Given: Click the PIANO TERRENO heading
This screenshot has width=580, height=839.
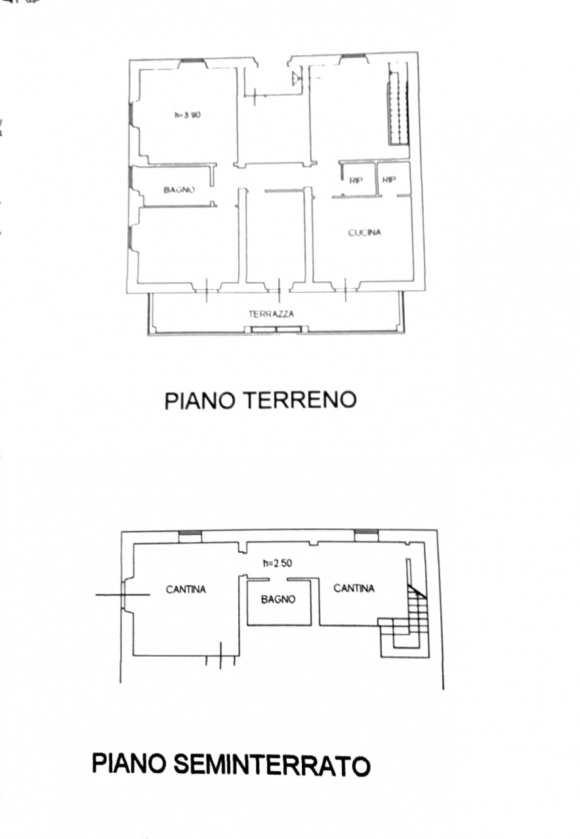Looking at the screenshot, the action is click(260, 400).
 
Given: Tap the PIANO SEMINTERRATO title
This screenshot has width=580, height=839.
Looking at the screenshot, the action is click(232, 765).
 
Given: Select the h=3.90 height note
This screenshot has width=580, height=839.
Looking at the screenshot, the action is click(188, 115).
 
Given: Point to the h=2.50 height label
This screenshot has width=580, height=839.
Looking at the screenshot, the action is click(278, 574).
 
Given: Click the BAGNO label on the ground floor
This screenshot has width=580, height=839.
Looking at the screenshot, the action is click(179, 190).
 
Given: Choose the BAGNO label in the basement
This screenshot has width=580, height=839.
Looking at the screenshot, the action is click(278, 600).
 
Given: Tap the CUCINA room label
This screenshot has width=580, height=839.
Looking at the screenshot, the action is click(365, 233).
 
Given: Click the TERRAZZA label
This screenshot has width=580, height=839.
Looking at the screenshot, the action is click(272, 314).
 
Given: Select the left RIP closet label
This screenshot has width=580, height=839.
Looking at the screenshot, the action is click(356, 180).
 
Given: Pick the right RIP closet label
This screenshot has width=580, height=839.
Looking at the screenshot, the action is click(389, 180).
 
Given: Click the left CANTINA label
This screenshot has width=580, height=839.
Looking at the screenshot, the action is click(186, 589).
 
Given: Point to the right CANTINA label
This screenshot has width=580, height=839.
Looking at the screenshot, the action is click(354, 589).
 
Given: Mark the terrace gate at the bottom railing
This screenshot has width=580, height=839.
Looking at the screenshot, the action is click(276, 329).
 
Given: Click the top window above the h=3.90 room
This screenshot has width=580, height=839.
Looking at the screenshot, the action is click(192, 62).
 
